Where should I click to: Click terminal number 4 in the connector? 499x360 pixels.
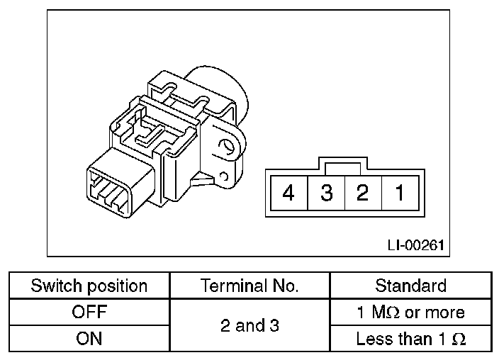(288, 193)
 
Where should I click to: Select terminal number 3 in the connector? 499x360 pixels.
(326, 193)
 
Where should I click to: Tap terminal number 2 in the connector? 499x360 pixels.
(362, 193)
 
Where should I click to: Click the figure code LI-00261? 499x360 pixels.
(416, 245)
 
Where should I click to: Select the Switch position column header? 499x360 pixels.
(89, 286)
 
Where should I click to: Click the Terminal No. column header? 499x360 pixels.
(250, 286)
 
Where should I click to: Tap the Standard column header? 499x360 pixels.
(411, 286)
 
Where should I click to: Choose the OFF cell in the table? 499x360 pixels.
(89, 313)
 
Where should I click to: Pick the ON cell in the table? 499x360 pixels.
(89, 339)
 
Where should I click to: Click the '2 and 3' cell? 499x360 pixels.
(250, 326)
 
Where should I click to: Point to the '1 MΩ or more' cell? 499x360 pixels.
(411, 313)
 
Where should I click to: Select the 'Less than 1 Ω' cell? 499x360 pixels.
(411, 339)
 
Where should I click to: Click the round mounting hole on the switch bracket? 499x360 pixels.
(227, 148)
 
